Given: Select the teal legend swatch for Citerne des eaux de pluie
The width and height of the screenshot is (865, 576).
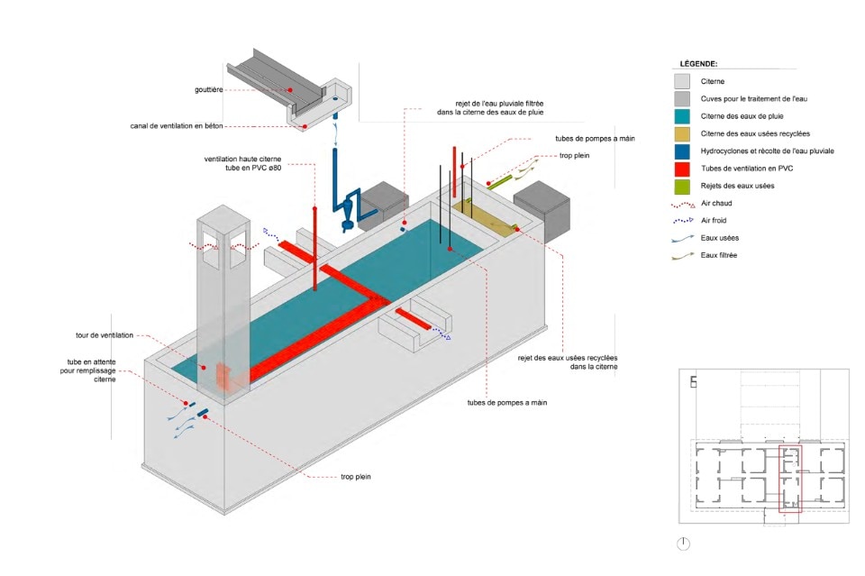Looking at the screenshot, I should click(x=684, y=115).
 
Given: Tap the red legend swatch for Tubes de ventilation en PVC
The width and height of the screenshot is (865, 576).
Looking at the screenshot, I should click(x=684, y=169).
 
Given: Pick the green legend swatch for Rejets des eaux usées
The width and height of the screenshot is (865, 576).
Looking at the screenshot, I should click(x=684, y=186).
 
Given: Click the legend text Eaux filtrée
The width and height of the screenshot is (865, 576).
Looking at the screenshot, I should click(x=718, y=255).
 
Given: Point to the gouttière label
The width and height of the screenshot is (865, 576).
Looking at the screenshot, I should click(x=206, y=90).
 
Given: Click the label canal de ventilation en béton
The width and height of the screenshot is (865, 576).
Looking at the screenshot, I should click(x=176, y=125).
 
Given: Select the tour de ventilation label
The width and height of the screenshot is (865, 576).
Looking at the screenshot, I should click(x=105, y=335).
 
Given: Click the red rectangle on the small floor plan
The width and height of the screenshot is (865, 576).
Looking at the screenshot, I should click(x=790, y=478).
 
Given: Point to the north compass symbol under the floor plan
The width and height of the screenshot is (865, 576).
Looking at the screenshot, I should click(x=684, y=544).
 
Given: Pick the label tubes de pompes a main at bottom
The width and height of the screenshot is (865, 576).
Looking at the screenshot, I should click(x=507, y=402).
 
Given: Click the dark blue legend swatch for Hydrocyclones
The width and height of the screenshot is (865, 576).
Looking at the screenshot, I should click(x=684, y=151).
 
